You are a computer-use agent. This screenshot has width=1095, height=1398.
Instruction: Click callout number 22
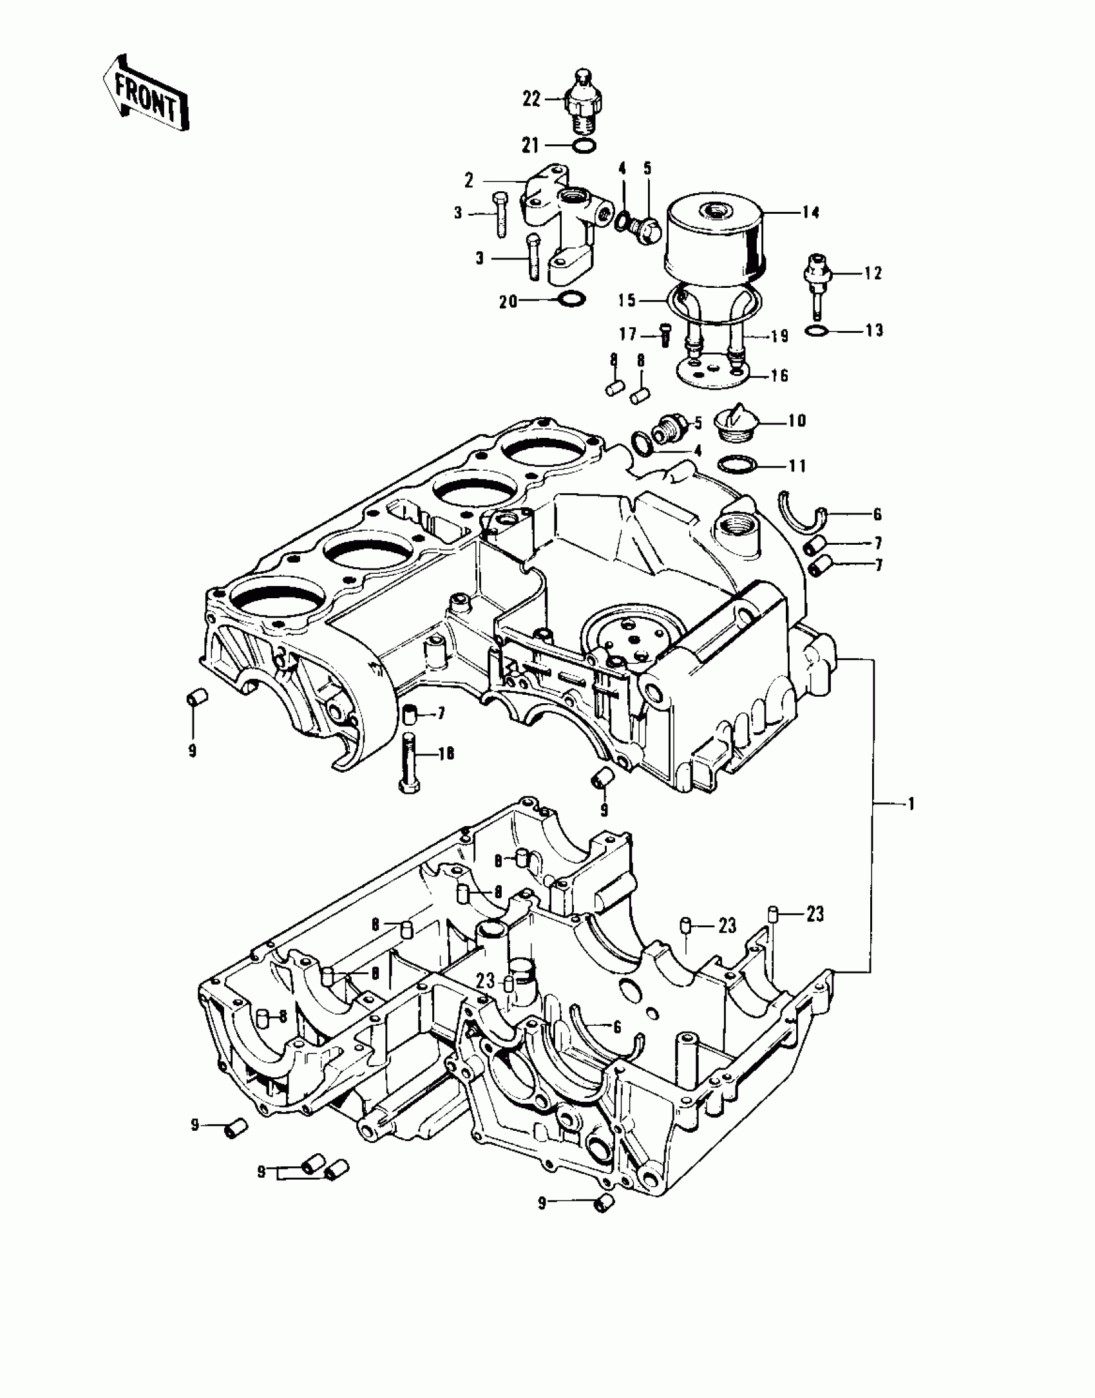click(x=531, y=100)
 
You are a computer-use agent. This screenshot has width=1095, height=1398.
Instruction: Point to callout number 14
click(x=811, y=213)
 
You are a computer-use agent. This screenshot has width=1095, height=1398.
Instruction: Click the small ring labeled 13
click(x=815, y=331)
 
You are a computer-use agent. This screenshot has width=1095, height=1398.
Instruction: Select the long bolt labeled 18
click(x=411, y=766)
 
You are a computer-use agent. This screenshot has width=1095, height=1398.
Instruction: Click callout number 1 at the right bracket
click(x=911, y=804)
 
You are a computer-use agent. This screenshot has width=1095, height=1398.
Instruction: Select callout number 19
click(x=780, y=336)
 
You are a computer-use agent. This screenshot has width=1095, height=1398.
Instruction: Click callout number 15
click(x=627, y=300)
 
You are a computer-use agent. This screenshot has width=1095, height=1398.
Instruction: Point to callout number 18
click(x=446, y=753)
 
